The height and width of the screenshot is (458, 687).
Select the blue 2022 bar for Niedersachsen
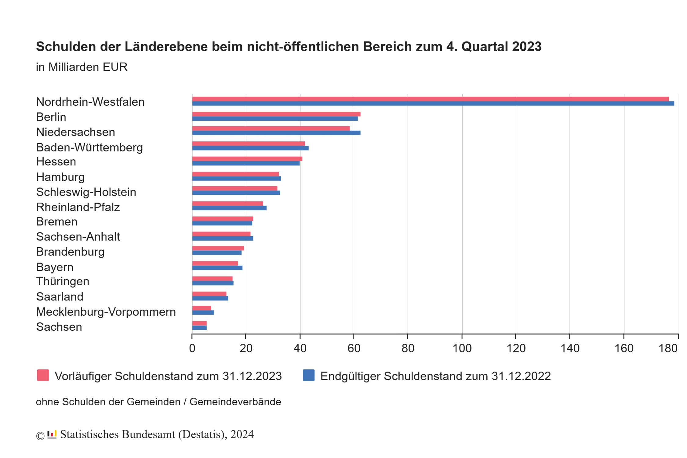point(276,133)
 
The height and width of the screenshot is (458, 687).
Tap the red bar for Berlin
point(276,114)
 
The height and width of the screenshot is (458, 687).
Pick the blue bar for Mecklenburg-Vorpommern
point(203,313)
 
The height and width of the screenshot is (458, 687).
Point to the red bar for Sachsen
point(199,323)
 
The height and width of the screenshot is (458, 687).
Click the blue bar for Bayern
point(217,268)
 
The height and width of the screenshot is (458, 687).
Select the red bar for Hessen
point(247,159)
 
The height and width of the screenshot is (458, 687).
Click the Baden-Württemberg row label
point(89,147)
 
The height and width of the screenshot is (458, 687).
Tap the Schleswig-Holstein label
point(86,192)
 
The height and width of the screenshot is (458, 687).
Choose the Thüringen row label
point(63,281)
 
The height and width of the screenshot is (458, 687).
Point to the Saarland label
point(60,296)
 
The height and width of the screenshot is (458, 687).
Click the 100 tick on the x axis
point(462,348)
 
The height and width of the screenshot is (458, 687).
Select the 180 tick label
point(668,348)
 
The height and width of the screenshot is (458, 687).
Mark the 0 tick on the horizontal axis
point(192,348)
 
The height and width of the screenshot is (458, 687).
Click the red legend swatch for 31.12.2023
point(43,375)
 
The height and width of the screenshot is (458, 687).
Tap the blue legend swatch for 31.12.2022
point(308,375)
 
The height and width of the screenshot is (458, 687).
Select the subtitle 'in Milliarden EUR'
point(82,67)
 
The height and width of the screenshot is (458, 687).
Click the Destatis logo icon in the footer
point(52,434)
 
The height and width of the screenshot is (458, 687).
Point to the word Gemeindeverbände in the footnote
point(235,402)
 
